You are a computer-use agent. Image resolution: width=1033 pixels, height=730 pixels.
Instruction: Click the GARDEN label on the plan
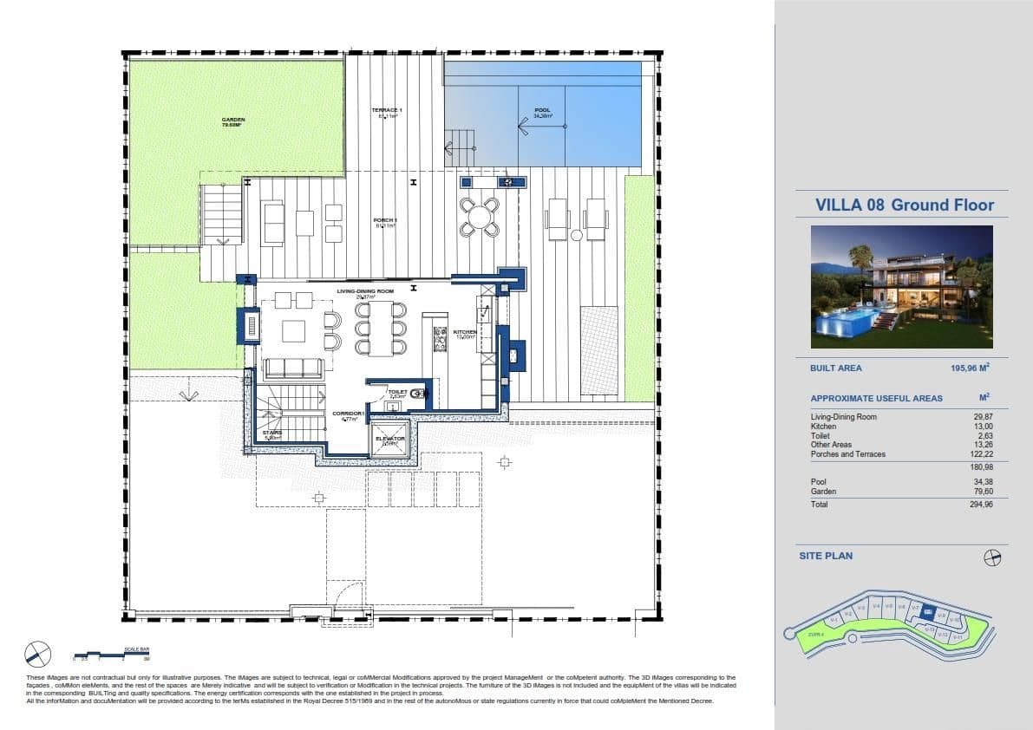click(232, 121)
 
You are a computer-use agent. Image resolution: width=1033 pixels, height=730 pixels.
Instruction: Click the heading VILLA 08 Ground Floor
click(905, 205)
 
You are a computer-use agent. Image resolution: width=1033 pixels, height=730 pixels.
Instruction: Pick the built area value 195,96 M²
click(970, 368)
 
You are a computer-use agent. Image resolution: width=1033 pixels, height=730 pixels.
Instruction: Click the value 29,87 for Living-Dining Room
click(982, 417)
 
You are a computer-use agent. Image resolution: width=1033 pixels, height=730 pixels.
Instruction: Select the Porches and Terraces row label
click(847, 454)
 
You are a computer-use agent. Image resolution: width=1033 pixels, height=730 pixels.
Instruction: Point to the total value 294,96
click(981, 504)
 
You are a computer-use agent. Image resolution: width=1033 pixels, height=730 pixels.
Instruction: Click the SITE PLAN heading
click(826, 556)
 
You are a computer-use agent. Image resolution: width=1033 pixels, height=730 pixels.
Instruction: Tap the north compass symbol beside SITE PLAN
click(992, 557)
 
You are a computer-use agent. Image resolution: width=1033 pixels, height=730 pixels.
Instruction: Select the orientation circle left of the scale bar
click(37, 652)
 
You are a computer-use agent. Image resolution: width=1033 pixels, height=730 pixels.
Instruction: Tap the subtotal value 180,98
click(981, 467)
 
